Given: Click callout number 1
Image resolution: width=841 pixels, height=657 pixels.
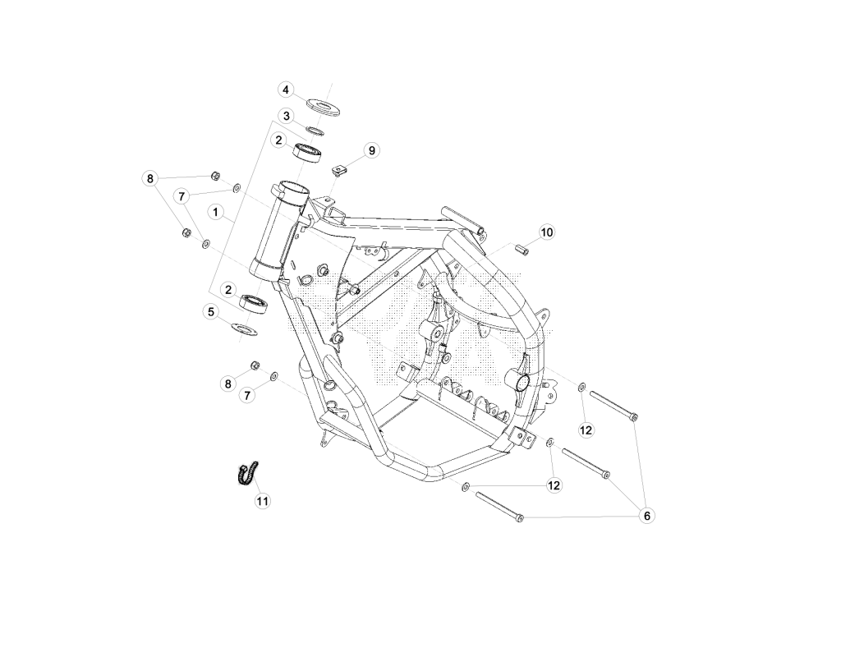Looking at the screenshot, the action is point(216,213).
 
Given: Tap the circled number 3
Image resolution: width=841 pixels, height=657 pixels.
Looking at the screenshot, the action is point(287,116).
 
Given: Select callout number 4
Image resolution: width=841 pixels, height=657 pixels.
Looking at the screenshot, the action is point(286,90).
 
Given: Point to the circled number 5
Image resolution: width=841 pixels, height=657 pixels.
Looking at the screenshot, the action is point(211,311).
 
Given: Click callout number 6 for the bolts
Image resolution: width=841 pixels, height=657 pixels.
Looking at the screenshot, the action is point(647,516).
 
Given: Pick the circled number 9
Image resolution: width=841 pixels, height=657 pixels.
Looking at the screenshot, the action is point(372,151).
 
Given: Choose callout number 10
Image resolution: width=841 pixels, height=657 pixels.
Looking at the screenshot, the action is point(546,232).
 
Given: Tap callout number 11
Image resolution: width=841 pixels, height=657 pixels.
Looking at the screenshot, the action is point(262,501).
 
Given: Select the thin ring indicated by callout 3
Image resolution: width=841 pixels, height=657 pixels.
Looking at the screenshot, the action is point(315,130).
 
